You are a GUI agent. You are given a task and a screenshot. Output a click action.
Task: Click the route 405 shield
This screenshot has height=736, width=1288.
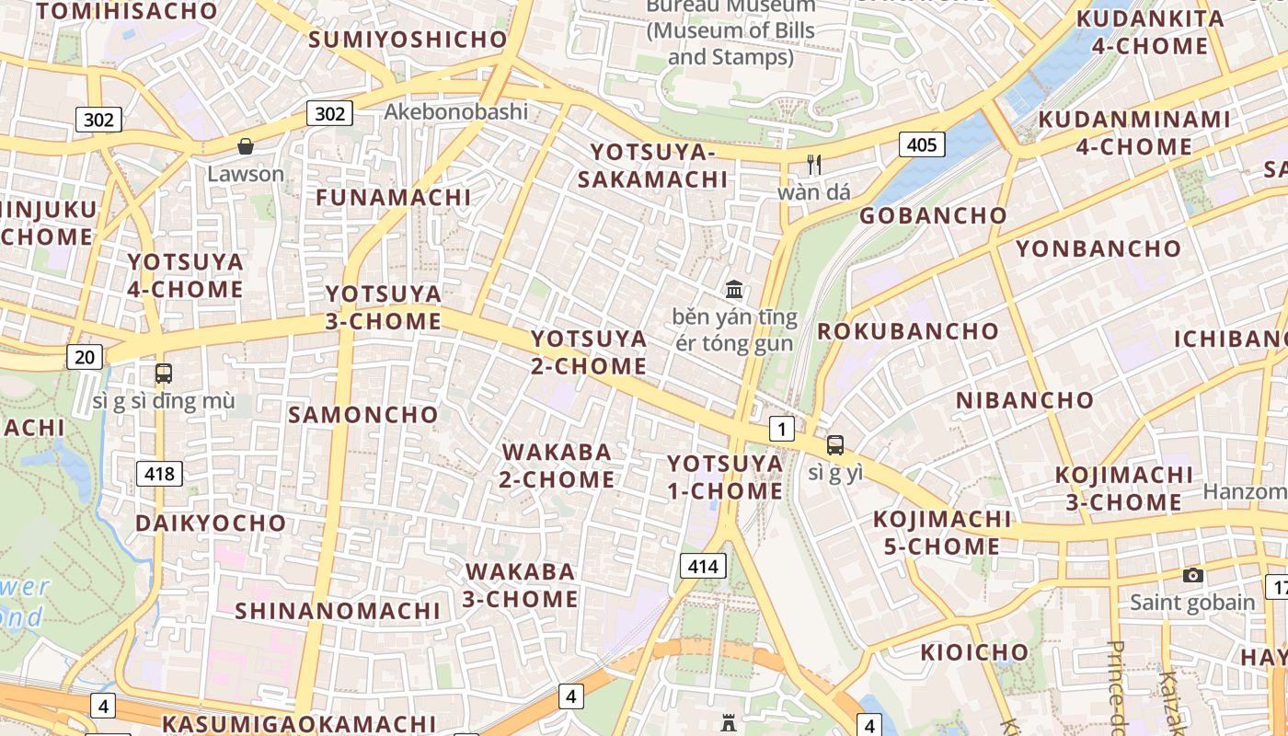point(921,144)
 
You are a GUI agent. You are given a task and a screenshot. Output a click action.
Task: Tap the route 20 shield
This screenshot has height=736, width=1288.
point(85,356)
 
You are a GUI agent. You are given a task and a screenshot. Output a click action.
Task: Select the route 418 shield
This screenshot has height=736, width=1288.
point(159,474)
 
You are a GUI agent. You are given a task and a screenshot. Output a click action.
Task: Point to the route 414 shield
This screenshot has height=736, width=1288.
point(703,566)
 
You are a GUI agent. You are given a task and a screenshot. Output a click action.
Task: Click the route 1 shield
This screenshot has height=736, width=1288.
point(781,428)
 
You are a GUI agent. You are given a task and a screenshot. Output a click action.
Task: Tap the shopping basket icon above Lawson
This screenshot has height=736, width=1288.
point(246,146)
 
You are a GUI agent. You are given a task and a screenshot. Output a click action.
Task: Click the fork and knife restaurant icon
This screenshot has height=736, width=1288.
point(813,165)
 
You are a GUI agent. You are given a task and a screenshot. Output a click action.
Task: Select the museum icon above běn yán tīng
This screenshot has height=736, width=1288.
point(734,290)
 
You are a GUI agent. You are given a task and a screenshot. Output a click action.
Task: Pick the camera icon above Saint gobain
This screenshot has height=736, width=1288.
point(1192,575)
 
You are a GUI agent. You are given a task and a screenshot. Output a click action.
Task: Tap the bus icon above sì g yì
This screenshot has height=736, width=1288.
point(834,445)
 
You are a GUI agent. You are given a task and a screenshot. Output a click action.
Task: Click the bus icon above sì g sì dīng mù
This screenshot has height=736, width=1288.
point(163,374)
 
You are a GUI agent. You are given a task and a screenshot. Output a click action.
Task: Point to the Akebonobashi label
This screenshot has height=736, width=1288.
point(456,111)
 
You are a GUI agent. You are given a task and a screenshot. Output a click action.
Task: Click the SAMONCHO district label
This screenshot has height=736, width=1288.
point(363,414)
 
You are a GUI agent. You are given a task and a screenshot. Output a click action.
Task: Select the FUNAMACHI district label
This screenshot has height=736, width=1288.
point(394,197)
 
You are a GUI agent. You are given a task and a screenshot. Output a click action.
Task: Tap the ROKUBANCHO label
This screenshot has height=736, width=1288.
point(908,330)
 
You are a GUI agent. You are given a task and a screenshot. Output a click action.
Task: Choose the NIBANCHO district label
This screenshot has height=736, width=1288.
point(1024,400)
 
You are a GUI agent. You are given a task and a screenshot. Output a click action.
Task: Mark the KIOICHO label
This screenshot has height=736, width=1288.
point(974,652)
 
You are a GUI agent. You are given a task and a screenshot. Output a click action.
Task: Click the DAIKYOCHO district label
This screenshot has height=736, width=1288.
point(211,523)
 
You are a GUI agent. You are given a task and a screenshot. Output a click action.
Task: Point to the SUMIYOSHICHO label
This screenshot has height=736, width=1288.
point(408,40)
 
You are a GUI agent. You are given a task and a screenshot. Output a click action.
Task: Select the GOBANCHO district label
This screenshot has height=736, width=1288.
point(933,215)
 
